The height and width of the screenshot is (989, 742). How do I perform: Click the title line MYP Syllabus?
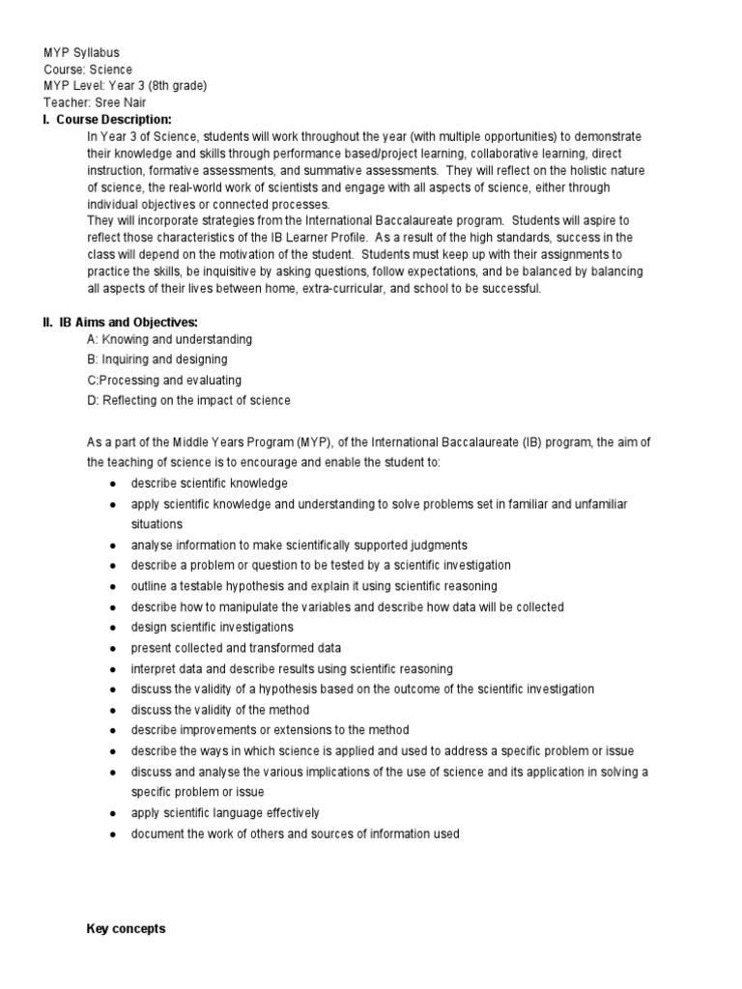[82, 53]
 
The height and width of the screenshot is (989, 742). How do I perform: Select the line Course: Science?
[88, 70]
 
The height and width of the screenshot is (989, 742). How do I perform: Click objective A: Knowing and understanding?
[169, 340]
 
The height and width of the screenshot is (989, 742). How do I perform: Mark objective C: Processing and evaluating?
[164, 381]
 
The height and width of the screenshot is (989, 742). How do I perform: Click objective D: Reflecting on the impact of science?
[188, 401]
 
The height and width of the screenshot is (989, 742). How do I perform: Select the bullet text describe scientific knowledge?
[210, 483]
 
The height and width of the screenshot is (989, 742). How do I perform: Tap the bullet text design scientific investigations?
[213, 627]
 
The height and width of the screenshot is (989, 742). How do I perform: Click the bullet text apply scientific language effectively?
[225, 812]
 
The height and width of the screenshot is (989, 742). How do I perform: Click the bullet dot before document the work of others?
[114, 834]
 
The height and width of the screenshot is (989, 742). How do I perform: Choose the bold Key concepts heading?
[126, 929]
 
